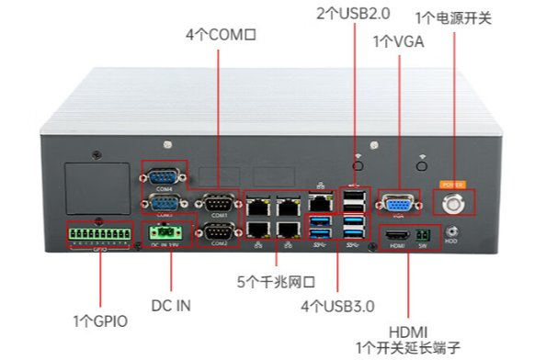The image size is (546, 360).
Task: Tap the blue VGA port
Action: click(x=396, y=203)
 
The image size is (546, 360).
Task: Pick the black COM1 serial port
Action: click(x=218, y=203)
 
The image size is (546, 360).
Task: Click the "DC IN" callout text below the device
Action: click(x=171, y=304)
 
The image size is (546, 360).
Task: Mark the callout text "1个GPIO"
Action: click(x=100, y=321)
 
